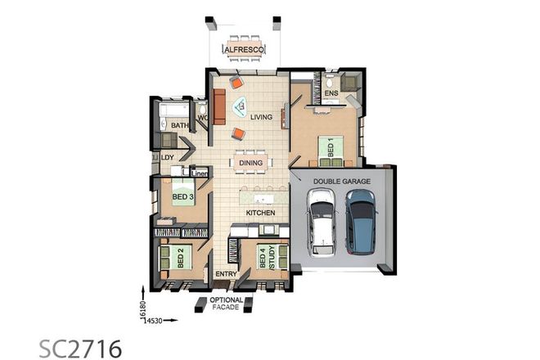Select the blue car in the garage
(360, 222)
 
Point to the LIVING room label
(261, 118)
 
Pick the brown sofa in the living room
(219, 106)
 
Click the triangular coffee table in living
(241, 105)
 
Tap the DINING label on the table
(250, 162)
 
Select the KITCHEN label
(261, 213)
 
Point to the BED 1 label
(331, 147)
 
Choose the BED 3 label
(182, 196)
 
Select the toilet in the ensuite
(329, 83)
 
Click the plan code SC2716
(80, 348)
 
